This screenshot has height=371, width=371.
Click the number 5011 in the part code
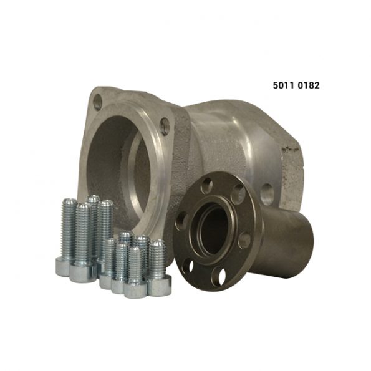click(284, 85)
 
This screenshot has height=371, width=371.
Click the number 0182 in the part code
click(309, 85)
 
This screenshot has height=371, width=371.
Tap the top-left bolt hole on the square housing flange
click(97, 102)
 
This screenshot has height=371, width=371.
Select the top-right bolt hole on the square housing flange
click(165, 127)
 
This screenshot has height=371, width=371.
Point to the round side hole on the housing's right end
click(267, 194)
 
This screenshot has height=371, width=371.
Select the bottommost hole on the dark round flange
click(218, 276)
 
